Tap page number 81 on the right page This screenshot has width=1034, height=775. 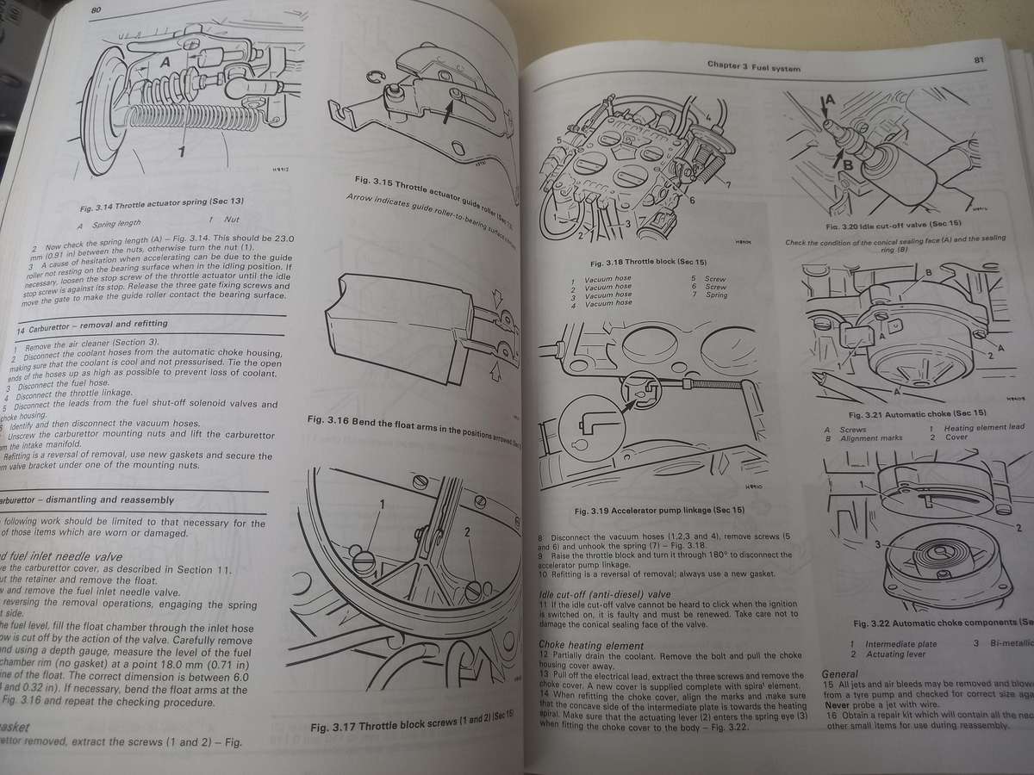click(x=979, y=59)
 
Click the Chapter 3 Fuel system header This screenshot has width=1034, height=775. click(x=753, y=66)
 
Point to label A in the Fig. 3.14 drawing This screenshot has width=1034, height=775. click(x=164, y=62)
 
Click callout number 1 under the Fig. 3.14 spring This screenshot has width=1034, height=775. click(x=182, y=153)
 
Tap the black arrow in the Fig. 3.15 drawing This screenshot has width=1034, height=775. click(x=447, y=109)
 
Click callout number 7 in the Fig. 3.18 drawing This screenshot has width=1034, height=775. click(x=728, y=185)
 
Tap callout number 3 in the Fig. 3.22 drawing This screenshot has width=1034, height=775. click(x=876, y=544)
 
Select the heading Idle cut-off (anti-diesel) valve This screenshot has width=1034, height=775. click(x=604, y=594)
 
